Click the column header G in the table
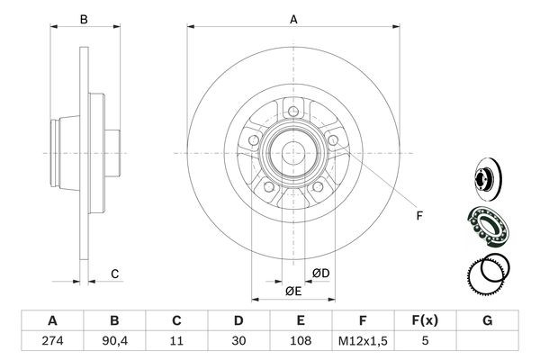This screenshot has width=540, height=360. tap(488, 320)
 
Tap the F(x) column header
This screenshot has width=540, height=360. tap(426, 320)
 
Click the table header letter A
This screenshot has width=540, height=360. tap(51, 320)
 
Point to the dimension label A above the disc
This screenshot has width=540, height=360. tap(293, 18)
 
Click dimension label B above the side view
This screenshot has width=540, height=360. tap(83, 18)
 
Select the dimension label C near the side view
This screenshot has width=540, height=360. tap(114, 274)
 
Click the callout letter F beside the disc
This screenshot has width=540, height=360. tap(419, 214)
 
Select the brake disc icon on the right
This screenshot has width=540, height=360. tap(483, 176)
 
